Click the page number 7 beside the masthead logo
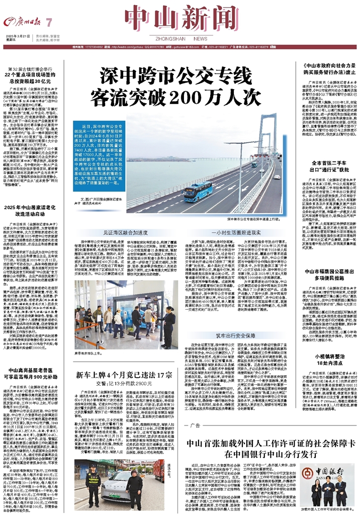click(x=49, y=22)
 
